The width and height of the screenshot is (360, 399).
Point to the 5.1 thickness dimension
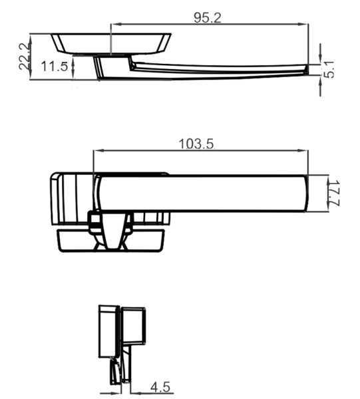329,68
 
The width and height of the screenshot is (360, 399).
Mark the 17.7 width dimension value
335,194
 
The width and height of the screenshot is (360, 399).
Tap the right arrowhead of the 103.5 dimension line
305,151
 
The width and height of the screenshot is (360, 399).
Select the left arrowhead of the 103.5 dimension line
98,151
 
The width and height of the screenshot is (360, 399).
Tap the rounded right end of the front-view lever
303,194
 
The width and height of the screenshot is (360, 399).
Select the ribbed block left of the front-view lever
70,198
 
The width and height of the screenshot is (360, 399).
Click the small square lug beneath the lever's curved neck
94,220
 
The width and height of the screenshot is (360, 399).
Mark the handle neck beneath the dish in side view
112,67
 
